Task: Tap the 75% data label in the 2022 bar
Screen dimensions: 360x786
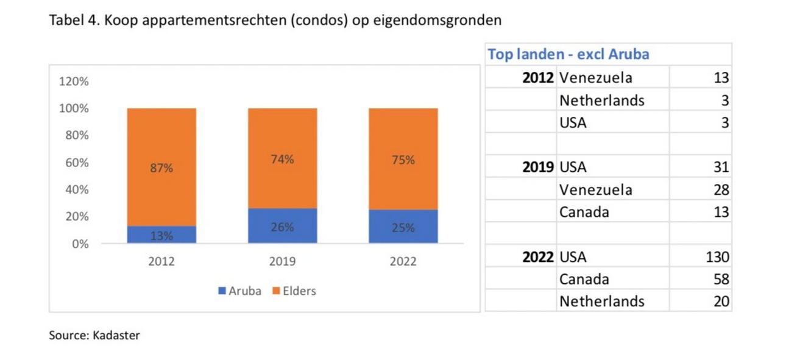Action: coord(403,160)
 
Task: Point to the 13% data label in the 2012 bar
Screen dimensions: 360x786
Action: coord(161,236)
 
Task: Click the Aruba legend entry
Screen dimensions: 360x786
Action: coord(239,291)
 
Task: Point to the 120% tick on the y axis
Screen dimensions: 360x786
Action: coord(74,82)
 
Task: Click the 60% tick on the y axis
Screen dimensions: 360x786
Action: coord(77,163)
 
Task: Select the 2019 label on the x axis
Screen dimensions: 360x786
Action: coord(282,261)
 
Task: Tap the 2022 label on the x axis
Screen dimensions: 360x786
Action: coord(403,261)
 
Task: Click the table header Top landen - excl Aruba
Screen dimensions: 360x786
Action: coord(568,54)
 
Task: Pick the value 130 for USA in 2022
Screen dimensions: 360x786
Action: coord(717,256)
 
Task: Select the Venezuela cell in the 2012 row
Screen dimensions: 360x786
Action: coord(595,77)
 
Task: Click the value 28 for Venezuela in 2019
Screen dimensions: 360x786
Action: coord(721,189)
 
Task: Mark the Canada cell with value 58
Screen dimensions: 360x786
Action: coord(584,279)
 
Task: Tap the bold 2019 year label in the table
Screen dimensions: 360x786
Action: coord(538,167)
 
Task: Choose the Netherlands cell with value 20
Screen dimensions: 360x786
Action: coord(601,301)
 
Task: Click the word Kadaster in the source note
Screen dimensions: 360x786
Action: coord(116,336)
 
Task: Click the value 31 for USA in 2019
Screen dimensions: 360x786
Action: coord(721,167)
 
